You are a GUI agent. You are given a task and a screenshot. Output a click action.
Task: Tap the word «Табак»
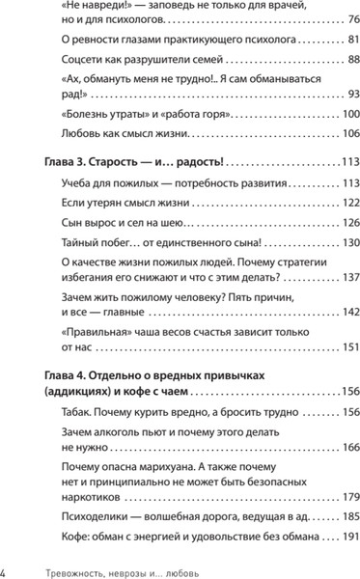click(x=79, y=413)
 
